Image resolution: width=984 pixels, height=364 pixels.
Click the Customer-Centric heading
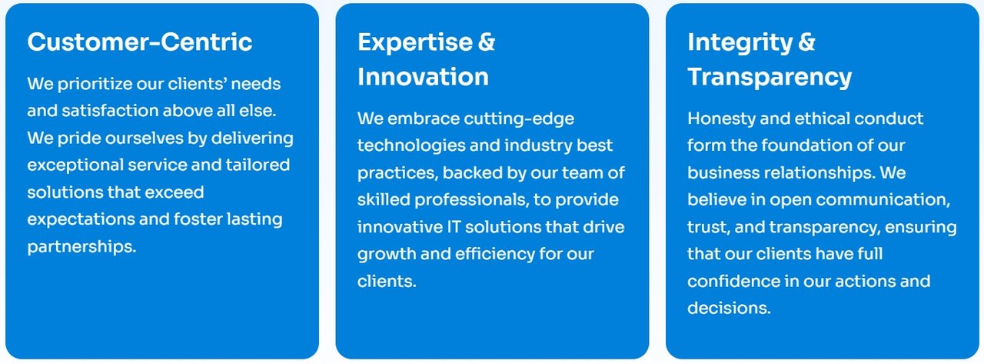(x=140, y=42)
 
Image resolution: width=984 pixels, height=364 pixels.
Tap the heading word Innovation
(x=423, y=77)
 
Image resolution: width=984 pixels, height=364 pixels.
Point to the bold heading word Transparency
(x=770, y=78)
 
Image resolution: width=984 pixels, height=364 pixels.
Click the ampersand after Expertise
(x=487, y=42)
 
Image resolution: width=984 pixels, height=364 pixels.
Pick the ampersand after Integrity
(x=806, y=42)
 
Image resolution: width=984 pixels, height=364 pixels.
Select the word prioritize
(x=95, y=84)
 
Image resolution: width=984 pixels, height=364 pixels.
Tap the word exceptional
(x=75, y=165)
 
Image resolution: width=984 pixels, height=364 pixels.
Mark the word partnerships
(x=81, y=247)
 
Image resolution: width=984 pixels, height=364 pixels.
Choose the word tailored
(x=258, y=165)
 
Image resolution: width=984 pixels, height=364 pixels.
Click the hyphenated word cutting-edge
(x=519, y=119)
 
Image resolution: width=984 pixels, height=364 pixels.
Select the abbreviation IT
(x=454, y=227)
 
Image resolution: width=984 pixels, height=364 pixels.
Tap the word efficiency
(x=494, y=254)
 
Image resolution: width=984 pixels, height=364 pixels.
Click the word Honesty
(x=721, y=119)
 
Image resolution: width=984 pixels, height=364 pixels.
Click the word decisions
(x=730, y=308)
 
